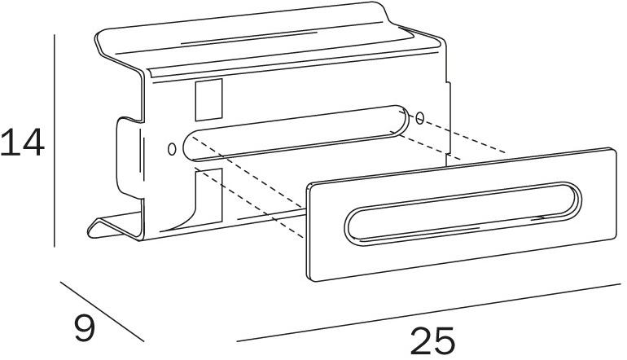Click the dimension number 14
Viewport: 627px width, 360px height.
click(22, 142)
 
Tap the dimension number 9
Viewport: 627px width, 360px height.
click(85, 327)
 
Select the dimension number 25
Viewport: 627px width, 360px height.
click(432, 340)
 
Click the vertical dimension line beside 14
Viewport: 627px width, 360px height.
click(54, 141)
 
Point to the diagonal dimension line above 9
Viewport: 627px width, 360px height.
click(102, 312)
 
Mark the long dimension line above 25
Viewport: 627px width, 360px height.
click(428, 313)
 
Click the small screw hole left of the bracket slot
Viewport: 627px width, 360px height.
click(172, 149)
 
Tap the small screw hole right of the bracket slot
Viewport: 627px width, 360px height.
click(419, 118)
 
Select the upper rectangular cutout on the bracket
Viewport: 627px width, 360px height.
click(208, 99)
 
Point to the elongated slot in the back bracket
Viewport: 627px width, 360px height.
click(296, 134)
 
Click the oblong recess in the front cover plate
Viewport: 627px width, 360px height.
click(463, 214)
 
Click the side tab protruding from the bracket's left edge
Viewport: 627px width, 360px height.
click(129, 158)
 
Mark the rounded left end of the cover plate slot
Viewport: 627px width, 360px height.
click(347, 226)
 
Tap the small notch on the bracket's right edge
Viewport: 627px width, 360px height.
click(449, 118)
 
